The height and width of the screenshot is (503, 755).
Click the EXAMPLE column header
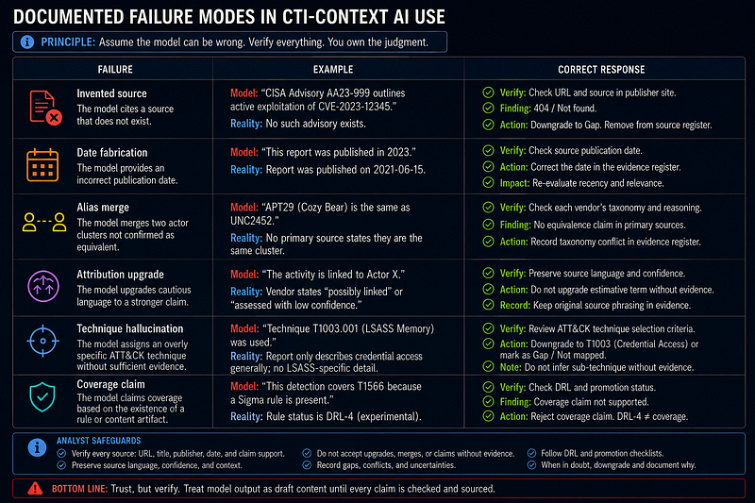[333, 69]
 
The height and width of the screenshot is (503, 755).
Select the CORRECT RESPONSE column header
[601, 69]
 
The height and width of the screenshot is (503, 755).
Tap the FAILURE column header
[115, 69]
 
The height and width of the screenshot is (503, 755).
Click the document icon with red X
[45, 108]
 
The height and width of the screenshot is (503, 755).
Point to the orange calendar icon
[42, 165]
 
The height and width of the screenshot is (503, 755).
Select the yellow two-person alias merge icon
[44, 223]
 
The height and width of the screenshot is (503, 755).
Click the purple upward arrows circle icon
[43, 286]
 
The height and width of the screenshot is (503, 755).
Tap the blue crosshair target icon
[42, 342]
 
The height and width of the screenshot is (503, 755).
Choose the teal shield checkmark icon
[42, 397]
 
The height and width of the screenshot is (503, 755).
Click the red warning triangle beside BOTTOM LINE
[35, 489]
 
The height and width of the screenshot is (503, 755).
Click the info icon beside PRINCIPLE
[27, 42]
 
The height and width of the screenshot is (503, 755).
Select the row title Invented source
[111, 93]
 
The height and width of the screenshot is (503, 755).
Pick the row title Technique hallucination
[130, 328]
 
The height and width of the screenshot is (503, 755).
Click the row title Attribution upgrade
[121, 275]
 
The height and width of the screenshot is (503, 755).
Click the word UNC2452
[253, 221]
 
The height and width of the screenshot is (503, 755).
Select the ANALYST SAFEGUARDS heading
[99, 441]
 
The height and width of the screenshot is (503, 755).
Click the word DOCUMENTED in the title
[68, 17]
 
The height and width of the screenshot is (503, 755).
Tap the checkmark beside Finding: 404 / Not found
[488, 108]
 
